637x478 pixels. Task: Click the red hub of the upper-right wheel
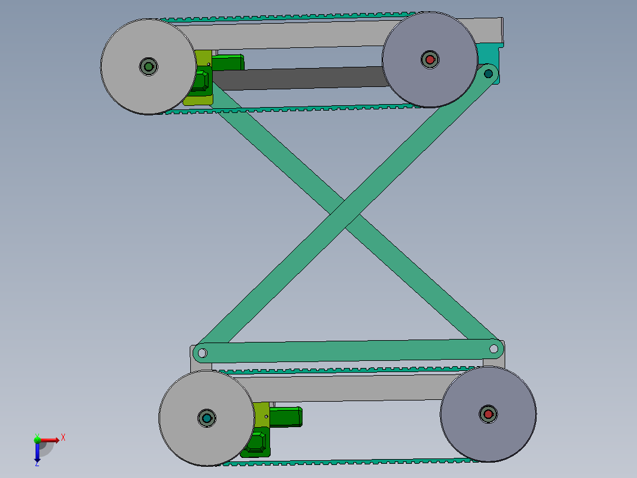pyautogui.click(x=430, y=59)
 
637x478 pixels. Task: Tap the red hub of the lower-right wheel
pyautogui.click(x=488, y=414)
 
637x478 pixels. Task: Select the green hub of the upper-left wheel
pyautogui.click(x=148, y=66)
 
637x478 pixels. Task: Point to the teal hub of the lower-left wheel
pyautogui.click(x=207, y=418)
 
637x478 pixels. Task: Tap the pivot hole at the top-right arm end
pyautogui.click(x=488, y=74)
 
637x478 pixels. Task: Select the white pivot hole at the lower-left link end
pyautogui.click(x=202, y=353)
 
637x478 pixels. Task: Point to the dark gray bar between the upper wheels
pyautogui.click(x=295, y=78)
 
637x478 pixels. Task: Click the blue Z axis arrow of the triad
pyautogui.click(x=37, y=455)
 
